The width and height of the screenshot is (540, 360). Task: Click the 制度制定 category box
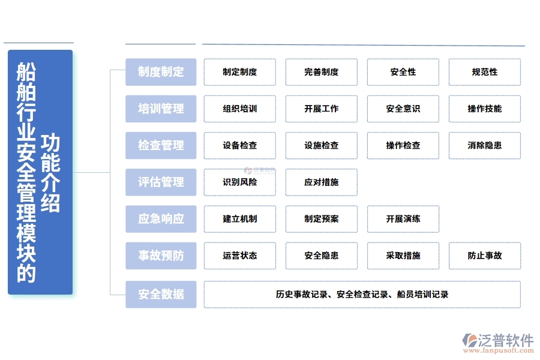161,72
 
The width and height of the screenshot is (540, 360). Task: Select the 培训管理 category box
161,109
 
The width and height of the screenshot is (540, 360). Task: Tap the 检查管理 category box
161,145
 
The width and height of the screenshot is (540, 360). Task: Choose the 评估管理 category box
161,182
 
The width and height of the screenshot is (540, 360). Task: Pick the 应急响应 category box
161,218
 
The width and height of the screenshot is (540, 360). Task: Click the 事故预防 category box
161,256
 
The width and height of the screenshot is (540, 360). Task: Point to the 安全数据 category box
161,295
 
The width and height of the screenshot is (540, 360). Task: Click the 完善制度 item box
321,72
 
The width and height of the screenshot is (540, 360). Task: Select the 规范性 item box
484,72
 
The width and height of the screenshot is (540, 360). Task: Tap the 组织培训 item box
239,109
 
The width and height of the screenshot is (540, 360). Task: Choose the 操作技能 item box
484,109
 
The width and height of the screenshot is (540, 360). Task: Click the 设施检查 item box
321,145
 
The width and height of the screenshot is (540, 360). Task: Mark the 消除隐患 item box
484,145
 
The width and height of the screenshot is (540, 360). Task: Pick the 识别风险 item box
239,182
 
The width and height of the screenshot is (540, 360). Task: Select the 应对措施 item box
321,182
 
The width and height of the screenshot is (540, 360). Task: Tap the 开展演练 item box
403,218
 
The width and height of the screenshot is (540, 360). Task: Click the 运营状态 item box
239,256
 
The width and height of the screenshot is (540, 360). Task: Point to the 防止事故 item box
484,256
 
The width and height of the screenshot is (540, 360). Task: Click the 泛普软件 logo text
506,340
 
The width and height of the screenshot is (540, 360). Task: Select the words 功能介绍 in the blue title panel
51,174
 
